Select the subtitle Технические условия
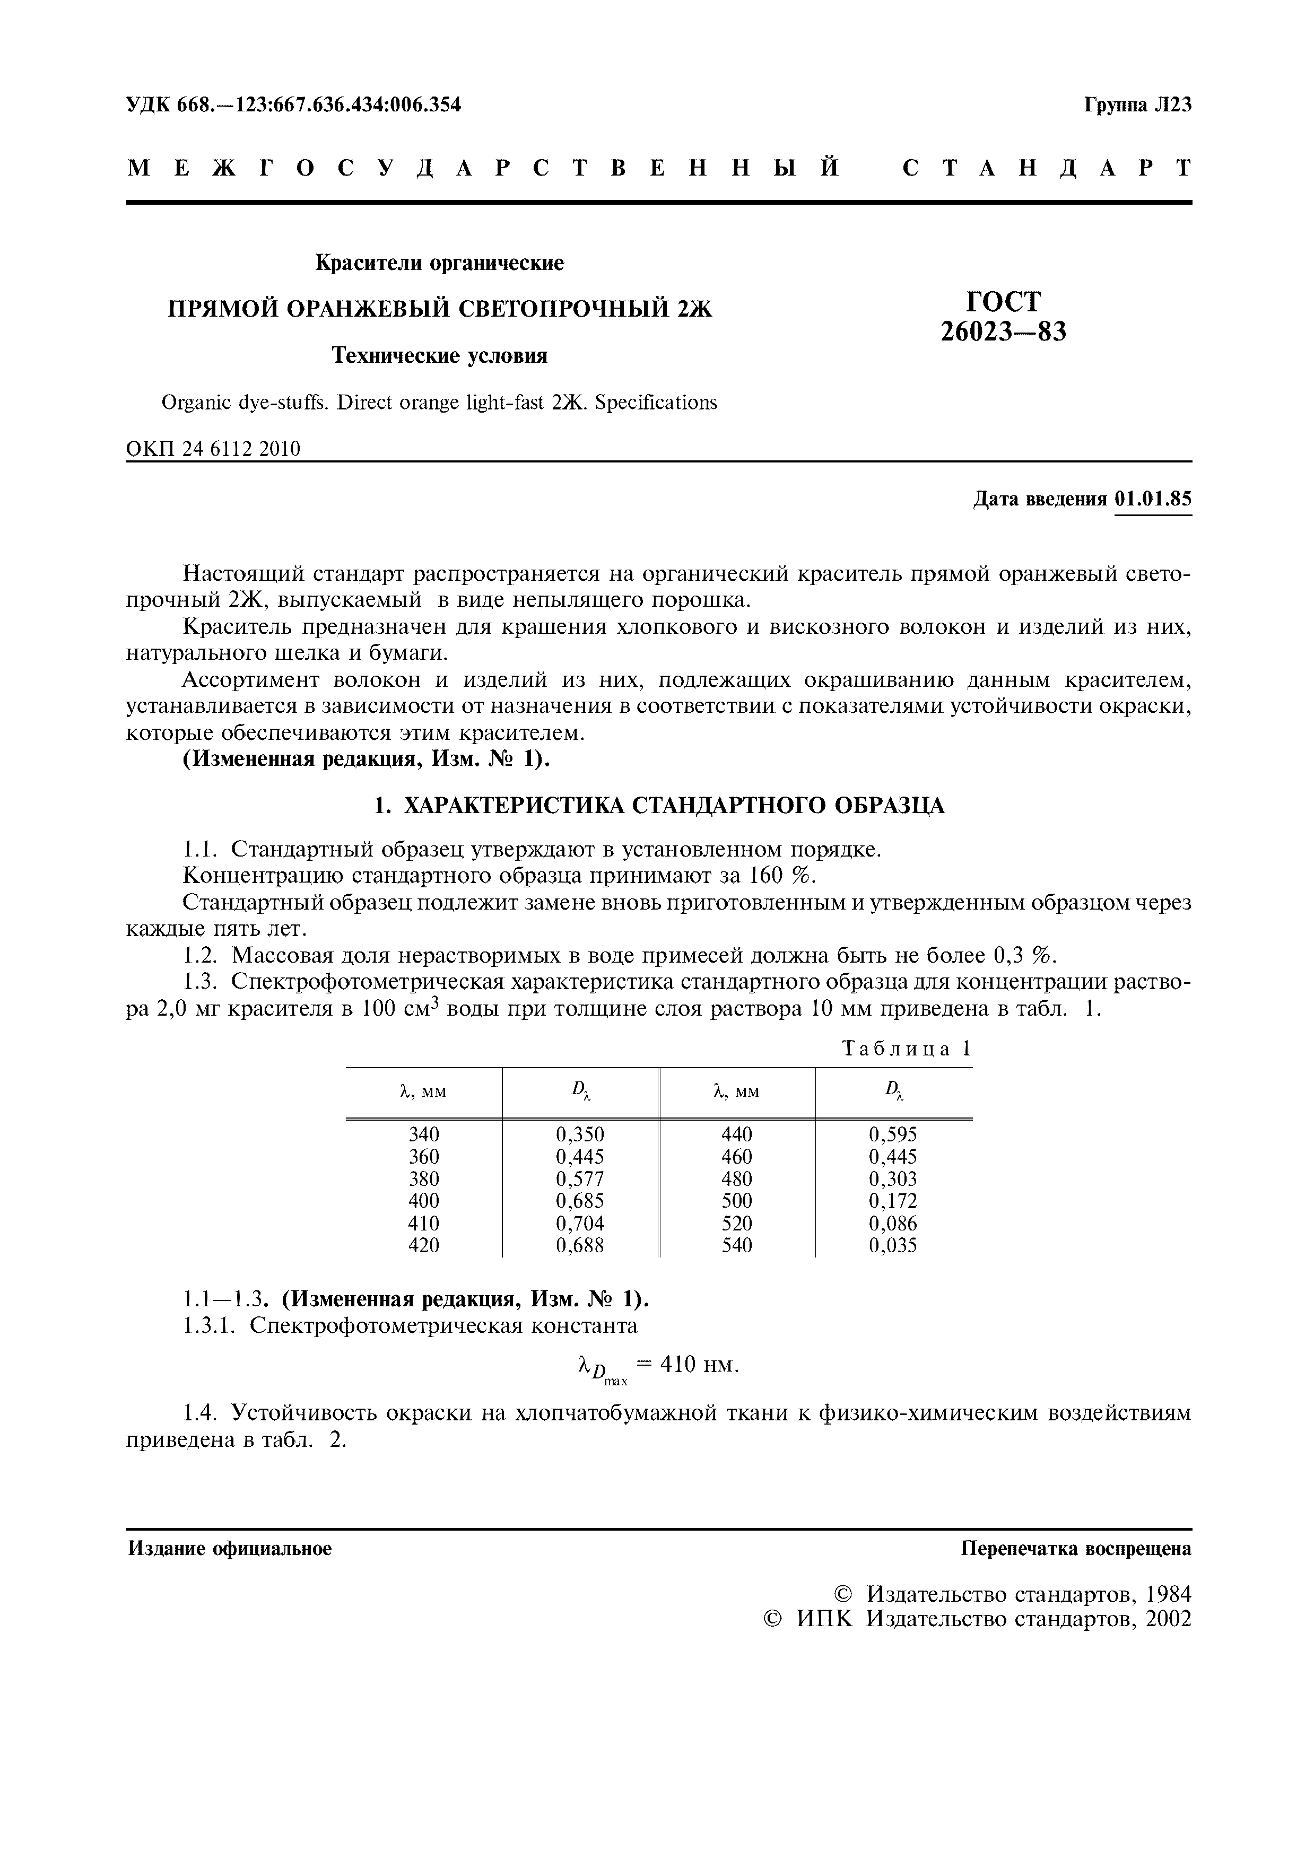(440, 356)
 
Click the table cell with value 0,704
(579, 1223)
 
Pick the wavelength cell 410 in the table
(424, 1223)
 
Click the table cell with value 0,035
(893, 1245)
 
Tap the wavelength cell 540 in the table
(736, 1245)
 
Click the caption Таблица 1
(907, 1049)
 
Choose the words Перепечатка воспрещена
(1076, 1549)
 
